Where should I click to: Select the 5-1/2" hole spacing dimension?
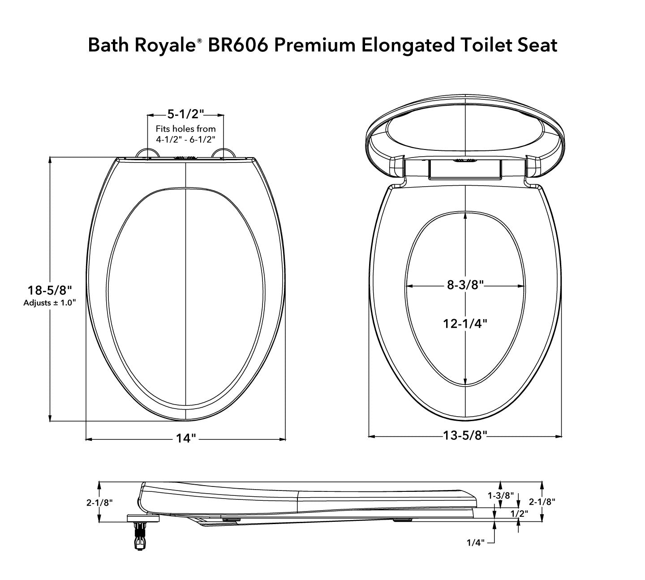(186, 113)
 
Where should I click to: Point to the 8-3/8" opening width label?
(465, 285)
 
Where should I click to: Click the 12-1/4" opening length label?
(465, 323)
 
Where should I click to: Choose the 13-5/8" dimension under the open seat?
(465, 435)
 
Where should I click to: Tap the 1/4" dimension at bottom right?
(475, 542)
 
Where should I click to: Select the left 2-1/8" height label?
(99, 502)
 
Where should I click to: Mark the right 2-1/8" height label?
(542, 502)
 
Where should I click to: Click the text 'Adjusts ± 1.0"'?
(49, 303)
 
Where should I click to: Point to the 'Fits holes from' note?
(185, 128)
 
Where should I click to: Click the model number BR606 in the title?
(236, 45)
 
